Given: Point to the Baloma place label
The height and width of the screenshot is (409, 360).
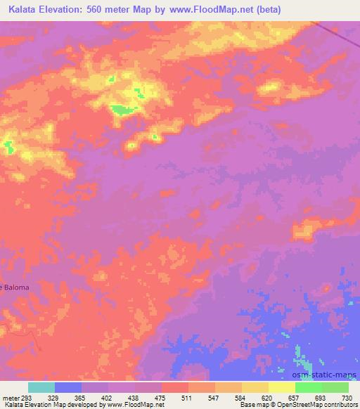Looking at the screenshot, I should point(14,286).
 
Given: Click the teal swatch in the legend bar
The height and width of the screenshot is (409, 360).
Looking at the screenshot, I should point(41,387).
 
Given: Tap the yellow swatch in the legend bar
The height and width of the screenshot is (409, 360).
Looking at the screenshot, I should point(255,387).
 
